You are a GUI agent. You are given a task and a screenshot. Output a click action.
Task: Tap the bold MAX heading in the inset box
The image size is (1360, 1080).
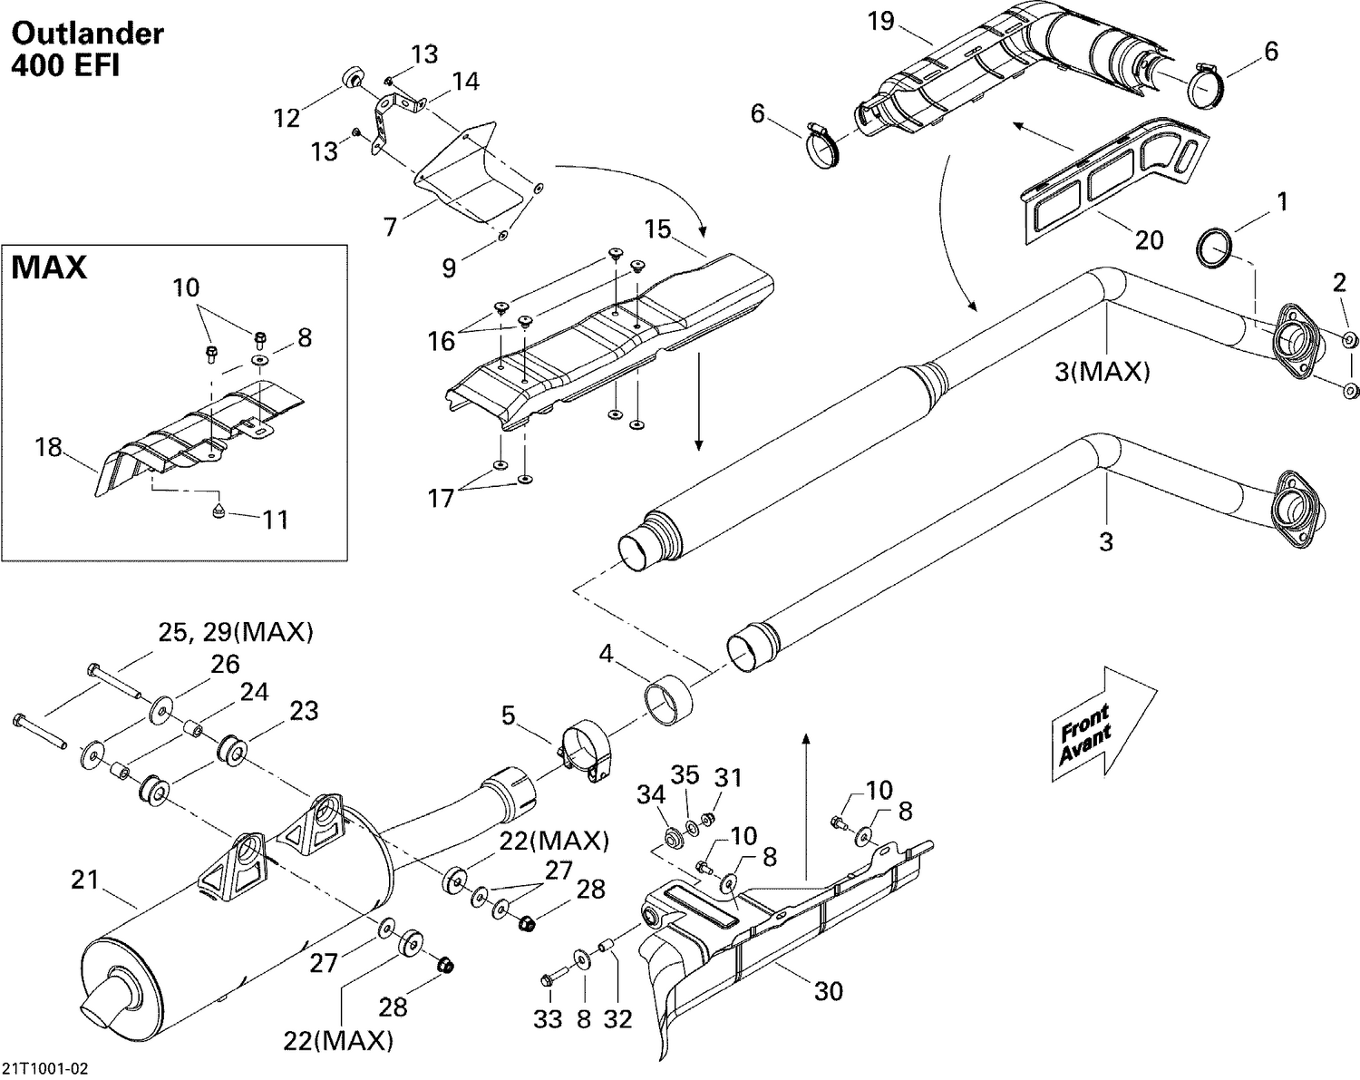click(x=49, y=268)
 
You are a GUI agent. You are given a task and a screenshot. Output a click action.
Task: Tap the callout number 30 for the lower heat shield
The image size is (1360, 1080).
click(x=828, y=991)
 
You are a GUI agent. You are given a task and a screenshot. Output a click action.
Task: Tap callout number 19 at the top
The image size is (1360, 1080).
click(x=881, y=21)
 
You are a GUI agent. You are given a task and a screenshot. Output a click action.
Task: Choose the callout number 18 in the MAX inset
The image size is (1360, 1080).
click(x=50, y=447)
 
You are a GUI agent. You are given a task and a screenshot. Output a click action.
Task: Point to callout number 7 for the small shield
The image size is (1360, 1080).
click(x=390, y=226)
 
